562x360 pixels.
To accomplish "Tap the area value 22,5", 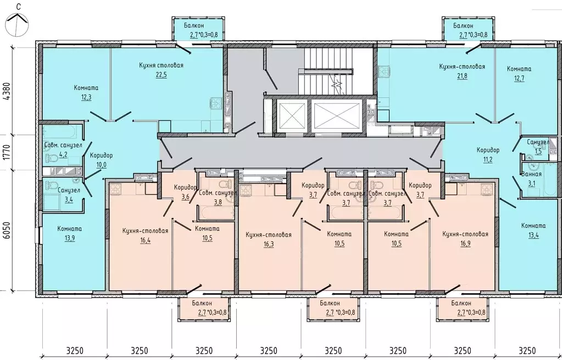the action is click(161, 75).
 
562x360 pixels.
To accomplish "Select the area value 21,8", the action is click(462, 76).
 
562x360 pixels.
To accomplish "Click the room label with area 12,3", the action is click(86, 88).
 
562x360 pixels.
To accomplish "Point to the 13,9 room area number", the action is click(70, 238).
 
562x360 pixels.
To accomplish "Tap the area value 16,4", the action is click(145, 240).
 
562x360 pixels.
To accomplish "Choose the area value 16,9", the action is click(465, 243).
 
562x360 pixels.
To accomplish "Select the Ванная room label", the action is click(532, 174).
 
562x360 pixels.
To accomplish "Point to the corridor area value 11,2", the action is click(488, 159).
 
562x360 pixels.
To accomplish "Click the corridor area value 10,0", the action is click(101, 165).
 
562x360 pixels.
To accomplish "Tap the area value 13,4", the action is click(533, 235).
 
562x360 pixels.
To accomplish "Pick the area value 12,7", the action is click(519, 78).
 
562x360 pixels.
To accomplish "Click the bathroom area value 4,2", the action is click(63, 155).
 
